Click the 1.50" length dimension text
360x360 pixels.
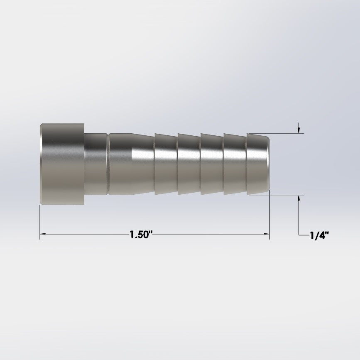142,235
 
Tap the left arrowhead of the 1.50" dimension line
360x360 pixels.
43,235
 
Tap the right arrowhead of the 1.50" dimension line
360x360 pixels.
267,235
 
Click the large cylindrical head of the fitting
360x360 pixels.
62,163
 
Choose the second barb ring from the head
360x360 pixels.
189,163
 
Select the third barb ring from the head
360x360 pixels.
212,163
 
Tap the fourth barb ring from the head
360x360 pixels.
235,163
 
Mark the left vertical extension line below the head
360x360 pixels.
40,220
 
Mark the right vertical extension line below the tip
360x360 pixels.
269,216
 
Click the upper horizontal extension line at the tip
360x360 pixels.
287,133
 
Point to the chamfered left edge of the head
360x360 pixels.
41,163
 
